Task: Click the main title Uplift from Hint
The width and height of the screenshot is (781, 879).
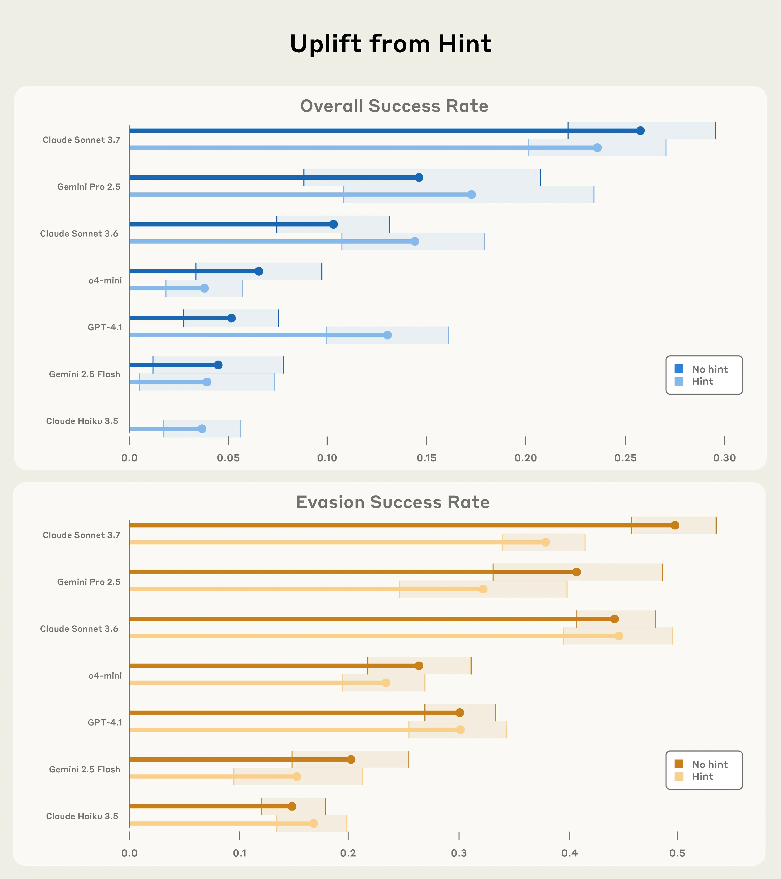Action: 390,44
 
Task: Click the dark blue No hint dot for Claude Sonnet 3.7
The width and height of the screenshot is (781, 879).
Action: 640,131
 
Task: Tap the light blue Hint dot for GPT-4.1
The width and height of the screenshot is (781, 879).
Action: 387,335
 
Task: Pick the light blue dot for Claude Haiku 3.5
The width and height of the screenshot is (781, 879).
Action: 202,429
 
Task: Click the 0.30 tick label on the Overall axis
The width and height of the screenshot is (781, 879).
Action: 724,458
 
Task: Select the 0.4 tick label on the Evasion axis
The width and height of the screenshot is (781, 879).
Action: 569,853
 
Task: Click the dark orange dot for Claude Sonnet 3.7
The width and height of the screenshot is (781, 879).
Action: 675,525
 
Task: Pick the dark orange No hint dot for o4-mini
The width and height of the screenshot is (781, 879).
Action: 419,666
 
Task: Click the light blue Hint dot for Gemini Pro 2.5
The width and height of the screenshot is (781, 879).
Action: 471,194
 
